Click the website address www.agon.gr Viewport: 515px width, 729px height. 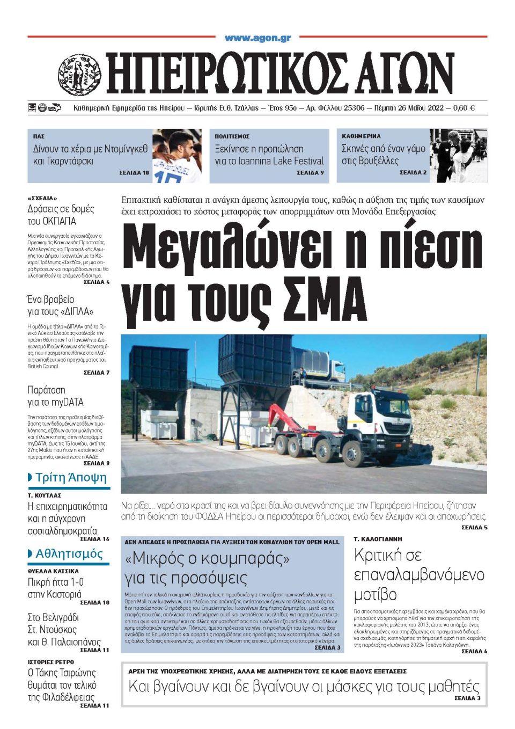tap(257, 38)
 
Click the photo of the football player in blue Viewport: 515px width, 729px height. tap(176, 156)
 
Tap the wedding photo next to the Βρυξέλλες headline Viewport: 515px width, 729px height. tap(458, 156)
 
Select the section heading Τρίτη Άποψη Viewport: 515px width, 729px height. tap(71, 477)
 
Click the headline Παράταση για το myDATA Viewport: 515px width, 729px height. tap(56, 396)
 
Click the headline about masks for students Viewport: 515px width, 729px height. tap(304, 686)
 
